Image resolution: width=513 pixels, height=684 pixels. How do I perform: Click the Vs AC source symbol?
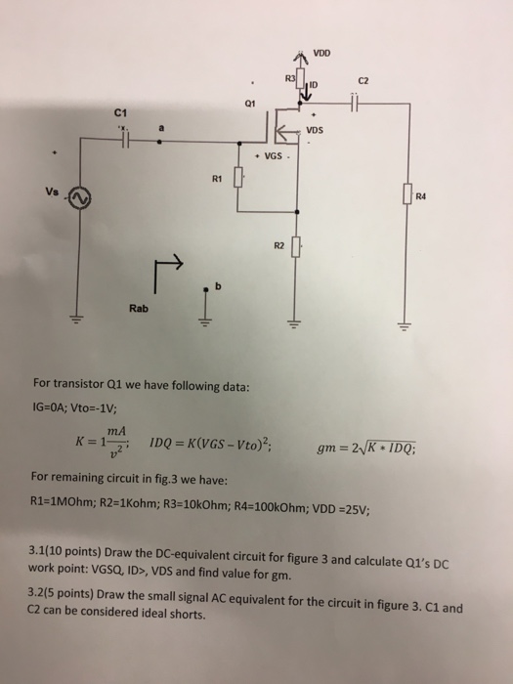(76, 198)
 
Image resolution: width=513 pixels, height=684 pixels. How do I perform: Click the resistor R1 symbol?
(237, 182)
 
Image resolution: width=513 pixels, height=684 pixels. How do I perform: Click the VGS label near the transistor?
(268, 156)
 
